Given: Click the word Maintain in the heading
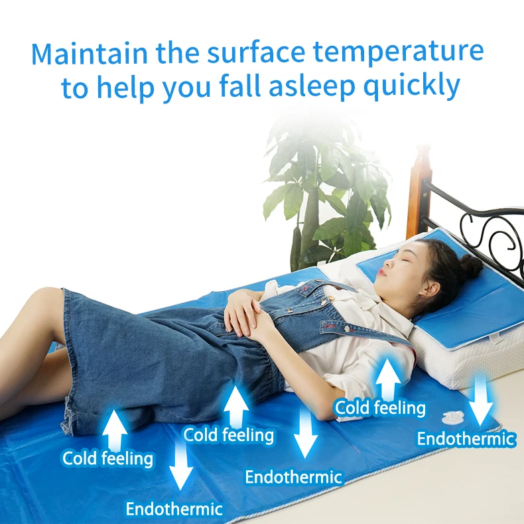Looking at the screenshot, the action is click(x=90, y=53).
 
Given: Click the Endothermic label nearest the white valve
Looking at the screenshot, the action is click(x=466, y=439).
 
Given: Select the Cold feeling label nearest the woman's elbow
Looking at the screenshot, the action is click(x=380, y=408).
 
